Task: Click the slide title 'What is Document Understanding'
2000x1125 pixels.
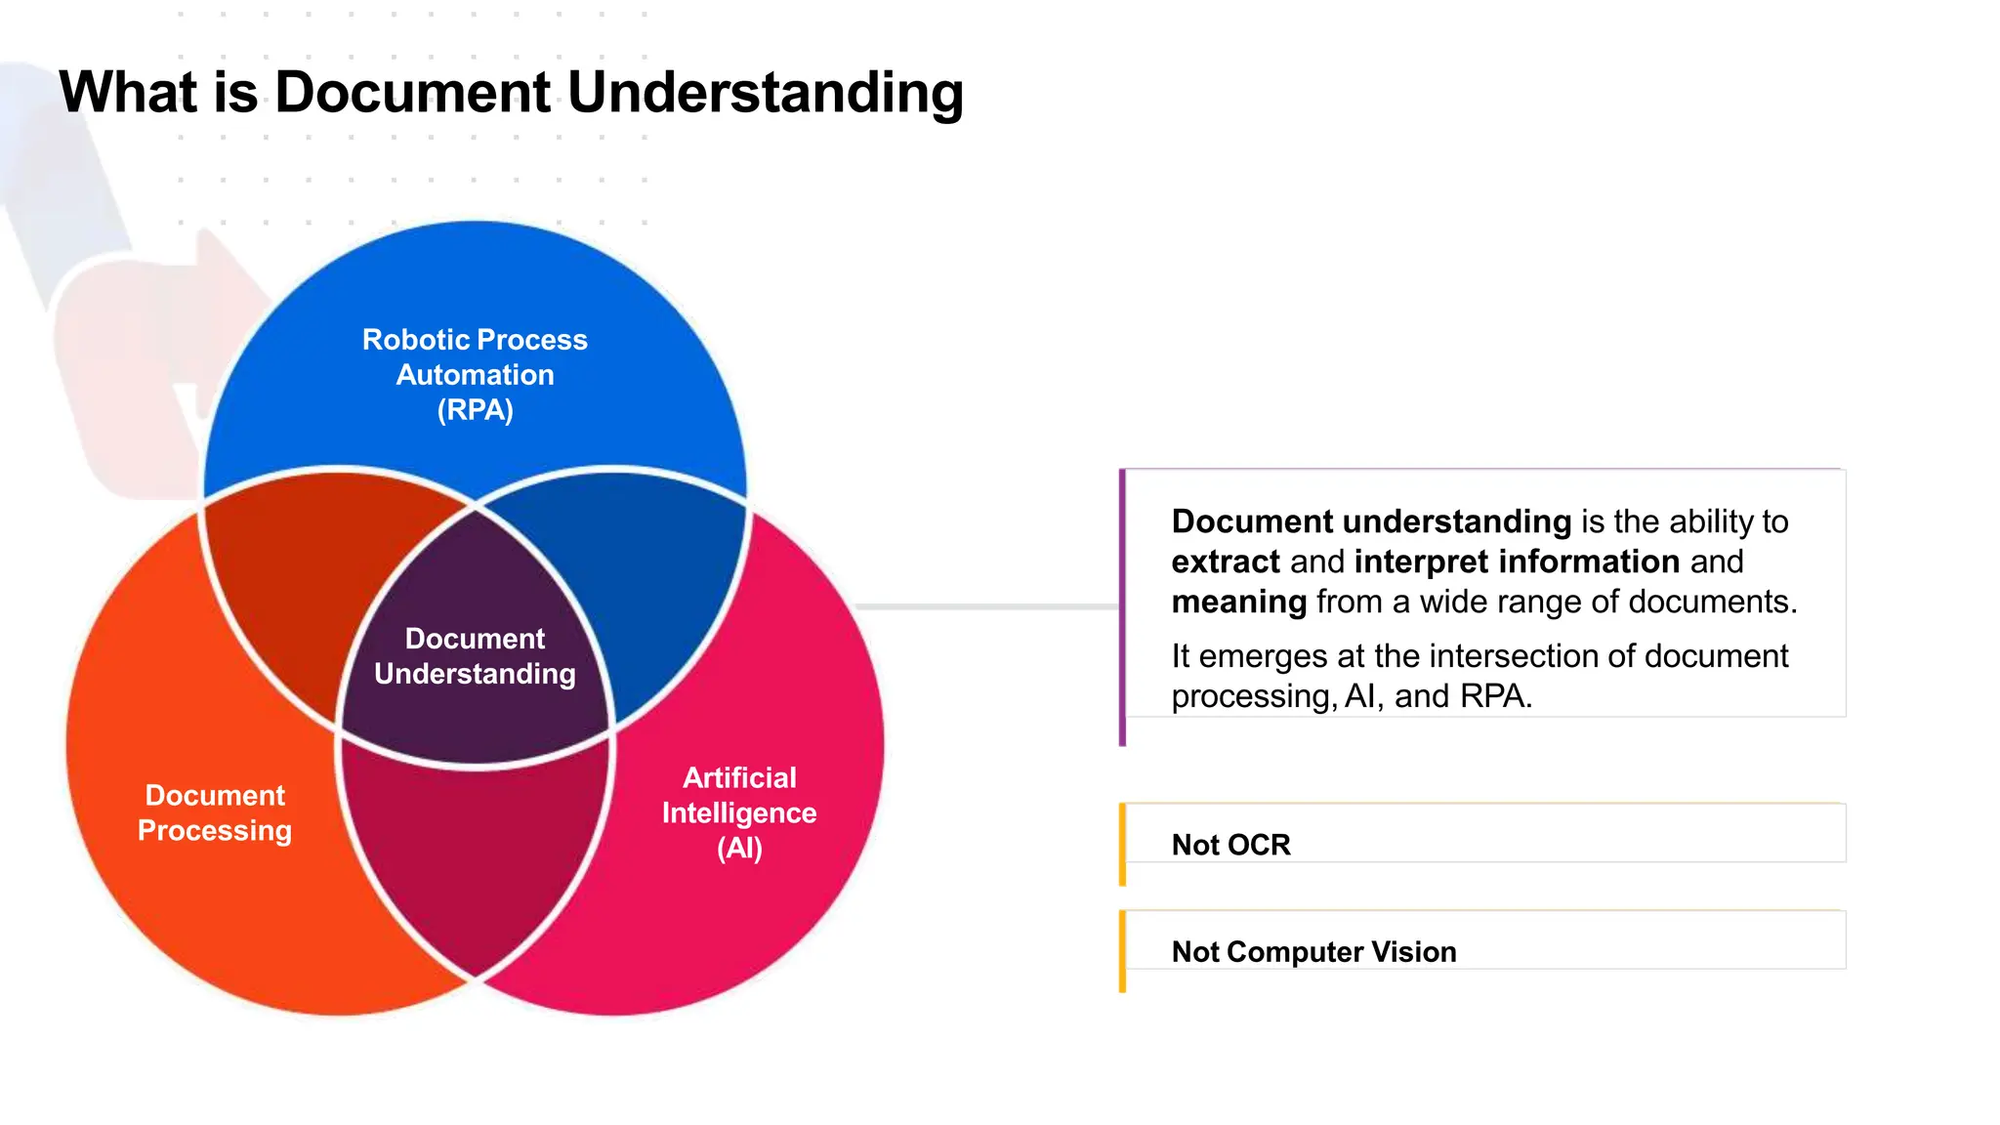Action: [x=511, y=93]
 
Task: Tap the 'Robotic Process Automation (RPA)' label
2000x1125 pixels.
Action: [x=475, y=374]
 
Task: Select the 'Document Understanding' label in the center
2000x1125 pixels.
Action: [x=475, y=655]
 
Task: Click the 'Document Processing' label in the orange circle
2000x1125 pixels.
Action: [x=215, y=812]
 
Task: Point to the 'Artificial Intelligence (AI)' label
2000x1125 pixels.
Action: [x=739, y=812]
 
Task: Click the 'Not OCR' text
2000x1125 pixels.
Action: [x=1230, y=845]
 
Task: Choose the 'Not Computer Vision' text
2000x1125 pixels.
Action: [x=1313, y=952]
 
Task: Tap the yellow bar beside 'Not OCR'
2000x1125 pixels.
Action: [x=1122, y=845]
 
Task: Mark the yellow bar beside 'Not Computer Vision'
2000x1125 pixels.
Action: [x=1122, y=952]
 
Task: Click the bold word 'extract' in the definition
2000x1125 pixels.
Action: [x=1226, y=562]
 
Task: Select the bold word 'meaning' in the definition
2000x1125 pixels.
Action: [x=1238, y=602]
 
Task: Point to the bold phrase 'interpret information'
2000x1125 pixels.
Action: [x=1517, y=562]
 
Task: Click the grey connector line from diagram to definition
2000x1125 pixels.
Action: [x=986, y=607]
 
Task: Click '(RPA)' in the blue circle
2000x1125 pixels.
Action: [x=475, y=410]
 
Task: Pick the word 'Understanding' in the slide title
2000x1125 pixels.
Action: [x=765, y=93]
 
